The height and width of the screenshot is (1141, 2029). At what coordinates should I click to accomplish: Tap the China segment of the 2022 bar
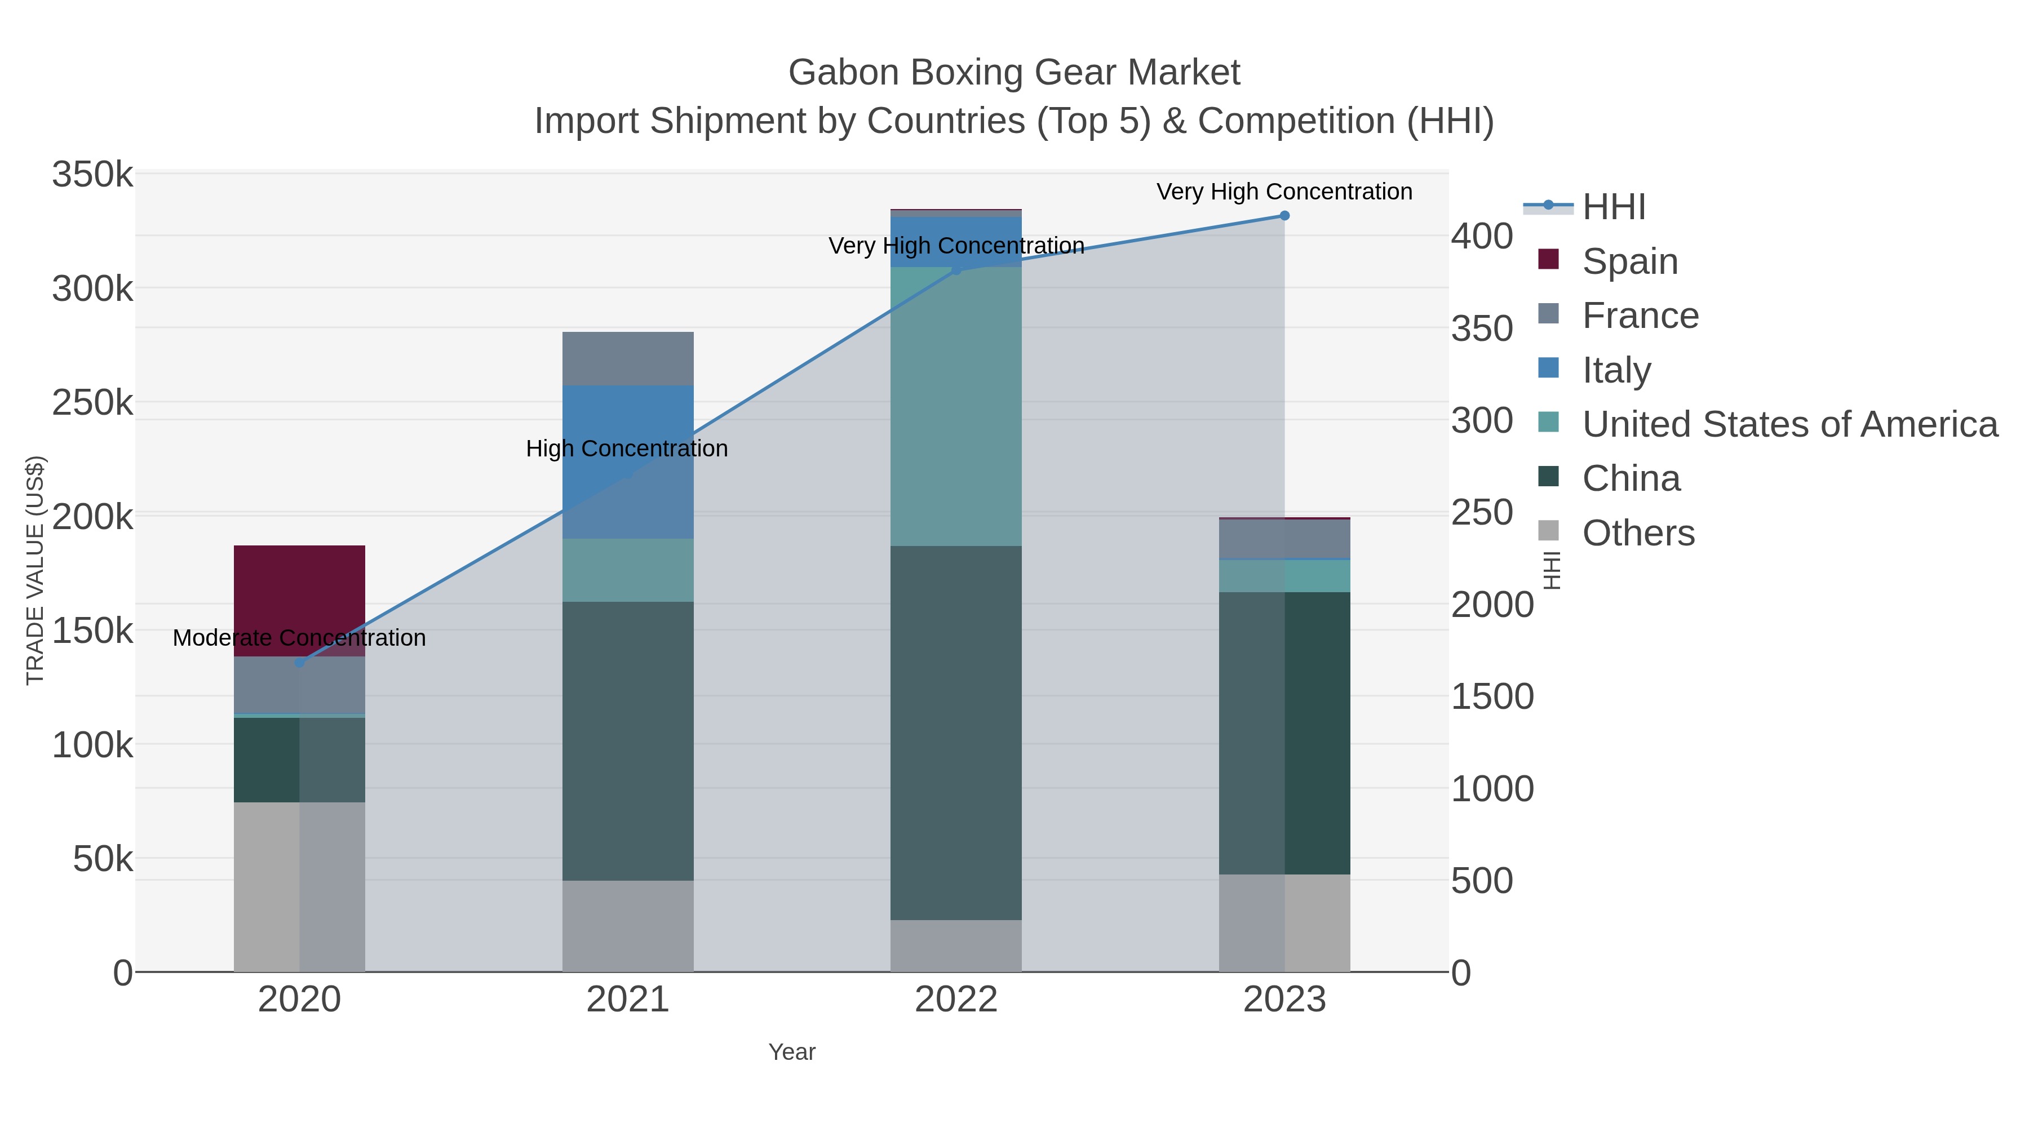point(955,732)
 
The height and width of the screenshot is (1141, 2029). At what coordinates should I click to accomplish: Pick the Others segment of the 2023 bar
point(1284,923)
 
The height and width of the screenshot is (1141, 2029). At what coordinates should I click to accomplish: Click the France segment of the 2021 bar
point(628,358)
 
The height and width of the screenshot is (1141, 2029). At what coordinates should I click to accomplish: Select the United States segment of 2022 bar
point(955,406)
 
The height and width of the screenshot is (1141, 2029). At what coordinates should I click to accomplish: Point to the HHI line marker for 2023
point(1284,216)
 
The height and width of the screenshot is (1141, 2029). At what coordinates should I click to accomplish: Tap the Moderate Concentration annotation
point(299,638)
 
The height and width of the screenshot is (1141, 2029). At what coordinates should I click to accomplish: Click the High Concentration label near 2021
point(627,449)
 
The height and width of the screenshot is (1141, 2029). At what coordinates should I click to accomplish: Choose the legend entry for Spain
point(1629,261)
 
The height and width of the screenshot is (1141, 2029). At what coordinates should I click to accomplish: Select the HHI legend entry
point(1613,207)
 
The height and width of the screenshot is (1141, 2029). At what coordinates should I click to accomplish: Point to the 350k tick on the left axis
point(92,174)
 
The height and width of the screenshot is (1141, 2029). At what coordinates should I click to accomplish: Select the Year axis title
point(792,1052)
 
